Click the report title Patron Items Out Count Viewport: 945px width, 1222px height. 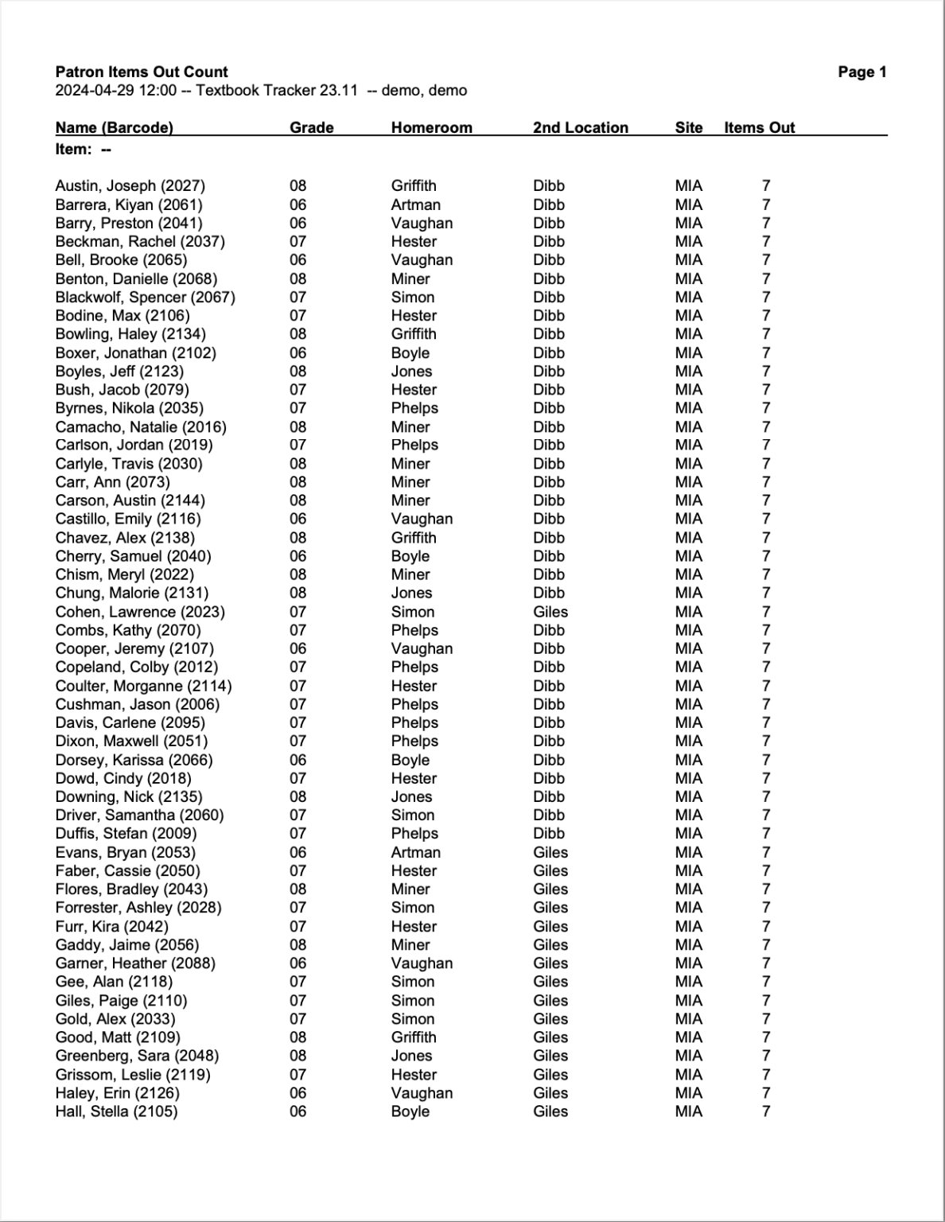(x=142, y=72)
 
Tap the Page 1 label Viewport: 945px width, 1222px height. (x=862, y=72)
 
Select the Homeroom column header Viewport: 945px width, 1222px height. (x=431, y=127)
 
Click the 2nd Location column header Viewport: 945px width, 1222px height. (x=580, y=127)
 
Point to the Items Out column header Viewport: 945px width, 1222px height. (x=759, y=127)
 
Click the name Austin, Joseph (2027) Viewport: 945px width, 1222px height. (x=130, y=185)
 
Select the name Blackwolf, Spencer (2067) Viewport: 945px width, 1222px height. (x=146, y=297)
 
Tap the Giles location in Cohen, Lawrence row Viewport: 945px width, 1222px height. (x=550, y=612)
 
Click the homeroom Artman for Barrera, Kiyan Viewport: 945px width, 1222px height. (x=415, y=204)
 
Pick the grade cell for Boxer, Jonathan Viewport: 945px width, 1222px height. (x=297, y=352)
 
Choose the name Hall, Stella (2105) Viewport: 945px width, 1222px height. (x=117, y=1111)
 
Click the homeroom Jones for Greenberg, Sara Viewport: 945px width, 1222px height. (x=411, y=1056)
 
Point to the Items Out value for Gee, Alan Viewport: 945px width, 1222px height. (x=766, y=982)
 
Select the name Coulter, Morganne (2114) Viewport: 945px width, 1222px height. (x=144, y=686)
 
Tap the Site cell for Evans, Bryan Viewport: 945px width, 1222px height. (x=688, y=852)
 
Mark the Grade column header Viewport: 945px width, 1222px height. (x=311, y=127)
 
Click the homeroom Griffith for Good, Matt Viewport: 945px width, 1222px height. (x=414, y=1037)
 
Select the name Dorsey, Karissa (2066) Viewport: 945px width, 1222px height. (x=134, y=760)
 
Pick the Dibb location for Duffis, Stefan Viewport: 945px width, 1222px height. (x=549, y=834)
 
